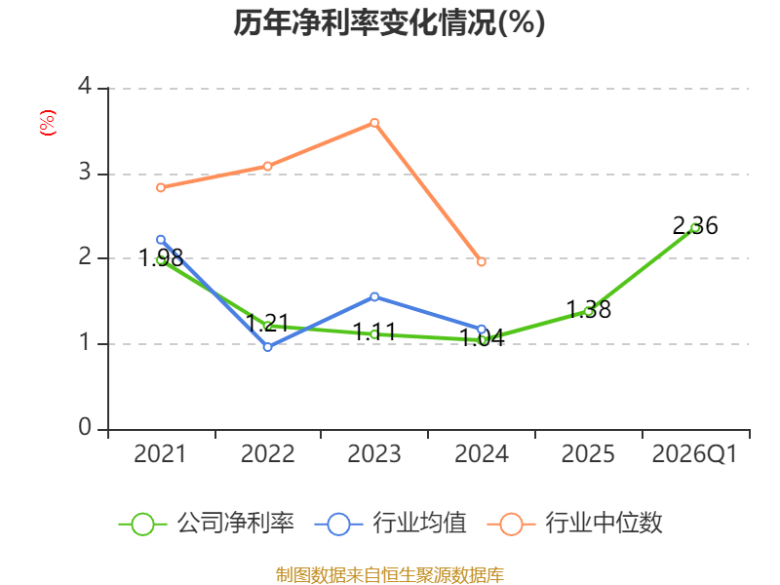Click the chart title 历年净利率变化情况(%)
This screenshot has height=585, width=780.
click(389, 22)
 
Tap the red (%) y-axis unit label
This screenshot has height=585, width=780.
click(48, 123)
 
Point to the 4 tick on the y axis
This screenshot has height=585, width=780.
click(85, 86)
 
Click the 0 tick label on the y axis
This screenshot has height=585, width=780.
click(85, 427)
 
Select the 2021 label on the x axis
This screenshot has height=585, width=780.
click(160, 453)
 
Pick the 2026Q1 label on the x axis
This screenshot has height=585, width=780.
click(695, 453)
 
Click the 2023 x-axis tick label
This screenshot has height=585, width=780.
click(374, 453)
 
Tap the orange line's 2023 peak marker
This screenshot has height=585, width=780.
click(374, 123)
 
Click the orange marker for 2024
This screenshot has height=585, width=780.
click(481, 261)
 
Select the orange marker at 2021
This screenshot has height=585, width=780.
click(161, 187)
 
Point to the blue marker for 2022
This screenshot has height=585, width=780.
click(267, 347)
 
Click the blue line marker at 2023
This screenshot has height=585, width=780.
click(374, 297)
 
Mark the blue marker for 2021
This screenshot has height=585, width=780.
click(161, 240)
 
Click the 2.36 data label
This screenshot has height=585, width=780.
click(695, 226)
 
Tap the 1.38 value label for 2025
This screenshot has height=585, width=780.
click(589, 309)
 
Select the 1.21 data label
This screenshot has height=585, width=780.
click(267, 323)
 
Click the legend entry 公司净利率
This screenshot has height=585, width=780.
click(207, 524)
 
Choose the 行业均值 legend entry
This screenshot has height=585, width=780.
click(391, 524)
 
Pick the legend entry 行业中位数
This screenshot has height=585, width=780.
click(575, 524)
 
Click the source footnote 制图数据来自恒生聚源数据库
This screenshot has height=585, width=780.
click(390, 575)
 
